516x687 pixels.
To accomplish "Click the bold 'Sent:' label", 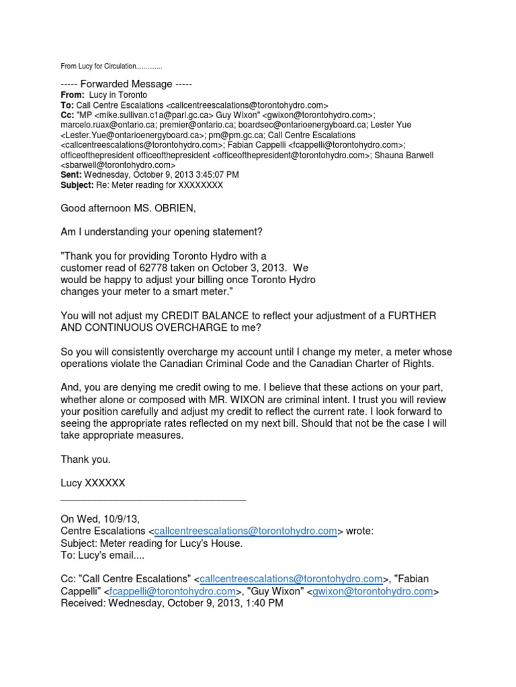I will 71,174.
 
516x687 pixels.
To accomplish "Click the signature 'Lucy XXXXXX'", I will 93,482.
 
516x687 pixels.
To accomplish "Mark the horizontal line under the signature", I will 153,499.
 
